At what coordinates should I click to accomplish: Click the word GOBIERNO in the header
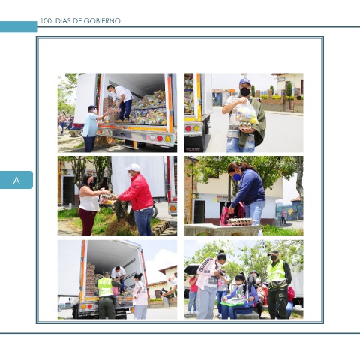[102, 21]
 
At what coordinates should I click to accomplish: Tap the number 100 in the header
[46, 21]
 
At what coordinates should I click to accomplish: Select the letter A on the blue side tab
[16, 181]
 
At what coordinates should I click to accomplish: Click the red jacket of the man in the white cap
[138, 193]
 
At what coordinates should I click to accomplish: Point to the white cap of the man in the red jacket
[133, 168]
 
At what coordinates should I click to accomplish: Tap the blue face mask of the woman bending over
[237, 177]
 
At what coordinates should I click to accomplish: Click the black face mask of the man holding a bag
[245, 91]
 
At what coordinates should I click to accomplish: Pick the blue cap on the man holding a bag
[244, 82]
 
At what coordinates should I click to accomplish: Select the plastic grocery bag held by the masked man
[246, 113]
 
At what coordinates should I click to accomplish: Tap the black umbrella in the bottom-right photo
[191, 269]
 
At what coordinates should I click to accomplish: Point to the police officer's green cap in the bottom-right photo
[273, 252]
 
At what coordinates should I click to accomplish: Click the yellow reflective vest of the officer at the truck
[105, 286]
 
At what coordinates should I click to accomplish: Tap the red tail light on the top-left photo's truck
[160, 139]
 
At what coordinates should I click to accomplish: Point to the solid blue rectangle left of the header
[19, 27]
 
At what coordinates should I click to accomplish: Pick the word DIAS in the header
[64, 21]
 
